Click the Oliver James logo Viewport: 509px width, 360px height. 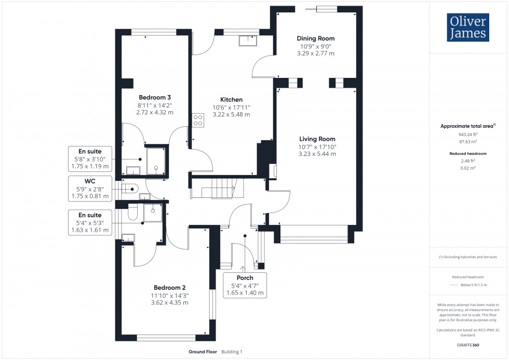(x=467, y=28)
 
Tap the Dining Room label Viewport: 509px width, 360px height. (x=315, y=38)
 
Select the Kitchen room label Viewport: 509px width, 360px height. (x=231, y=100)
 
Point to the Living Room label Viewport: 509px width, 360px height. (x=317, y=139)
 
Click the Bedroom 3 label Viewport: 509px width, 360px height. (x=154, y=97)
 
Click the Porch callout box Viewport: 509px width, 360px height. (x=244, y=285)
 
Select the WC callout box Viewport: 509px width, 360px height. (x=90, y=189)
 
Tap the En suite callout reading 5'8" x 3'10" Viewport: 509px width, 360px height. (x=90, y=159)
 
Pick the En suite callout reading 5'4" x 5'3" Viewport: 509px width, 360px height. (x=90, y=222)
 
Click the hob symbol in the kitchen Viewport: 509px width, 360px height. (x=198, y=120)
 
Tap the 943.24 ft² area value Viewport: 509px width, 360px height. (x=467, y=134)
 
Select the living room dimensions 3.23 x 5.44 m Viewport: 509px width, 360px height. (x=317, y=154)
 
